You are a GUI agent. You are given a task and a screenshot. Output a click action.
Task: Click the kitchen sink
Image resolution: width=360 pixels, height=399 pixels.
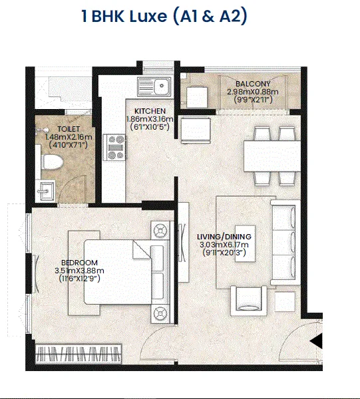point(154,86)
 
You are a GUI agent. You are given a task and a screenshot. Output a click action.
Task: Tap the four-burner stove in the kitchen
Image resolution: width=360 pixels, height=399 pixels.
point(114,148)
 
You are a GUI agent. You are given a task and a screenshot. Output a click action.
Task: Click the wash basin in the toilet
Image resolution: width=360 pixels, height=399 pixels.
point(45,191)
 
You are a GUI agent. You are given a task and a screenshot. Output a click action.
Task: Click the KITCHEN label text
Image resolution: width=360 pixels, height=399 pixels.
point(150,111)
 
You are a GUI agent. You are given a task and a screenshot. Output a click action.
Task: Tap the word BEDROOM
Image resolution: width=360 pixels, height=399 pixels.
point(79,263)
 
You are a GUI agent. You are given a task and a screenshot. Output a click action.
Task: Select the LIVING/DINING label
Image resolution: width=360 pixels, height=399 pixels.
point(224,237)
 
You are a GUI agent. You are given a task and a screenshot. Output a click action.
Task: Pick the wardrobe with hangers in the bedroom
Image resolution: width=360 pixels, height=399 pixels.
point(78,354)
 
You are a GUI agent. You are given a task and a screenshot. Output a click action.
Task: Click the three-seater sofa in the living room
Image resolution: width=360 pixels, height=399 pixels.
point(285,243)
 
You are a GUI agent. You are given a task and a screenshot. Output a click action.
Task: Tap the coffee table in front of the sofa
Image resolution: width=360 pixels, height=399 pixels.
point(245,243)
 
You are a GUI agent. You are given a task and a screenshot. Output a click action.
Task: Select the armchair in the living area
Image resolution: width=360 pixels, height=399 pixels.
point(249,301)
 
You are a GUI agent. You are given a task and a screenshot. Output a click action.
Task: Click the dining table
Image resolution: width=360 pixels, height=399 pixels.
point(272,156)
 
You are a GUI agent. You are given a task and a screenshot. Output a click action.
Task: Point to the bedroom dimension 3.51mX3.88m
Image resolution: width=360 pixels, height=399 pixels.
point(79,271)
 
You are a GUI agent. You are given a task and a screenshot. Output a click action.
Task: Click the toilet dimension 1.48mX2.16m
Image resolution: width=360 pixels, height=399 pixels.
point(69,137)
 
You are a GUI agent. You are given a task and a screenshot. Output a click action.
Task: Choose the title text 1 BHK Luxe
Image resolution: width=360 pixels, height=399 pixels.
point(124,16)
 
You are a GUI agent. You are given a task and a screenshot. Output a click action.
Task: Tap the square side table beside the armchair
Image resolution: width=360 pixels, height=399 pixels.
point(285,301)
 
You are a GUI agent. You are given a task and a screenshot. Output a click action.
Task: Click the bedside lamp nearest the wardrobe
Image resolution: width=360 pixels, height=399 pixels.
point(160,313)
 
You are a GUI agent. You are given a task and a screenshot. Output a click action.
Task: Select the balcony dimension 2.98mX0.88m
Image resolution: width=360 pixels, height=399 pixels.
point(253,92)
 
